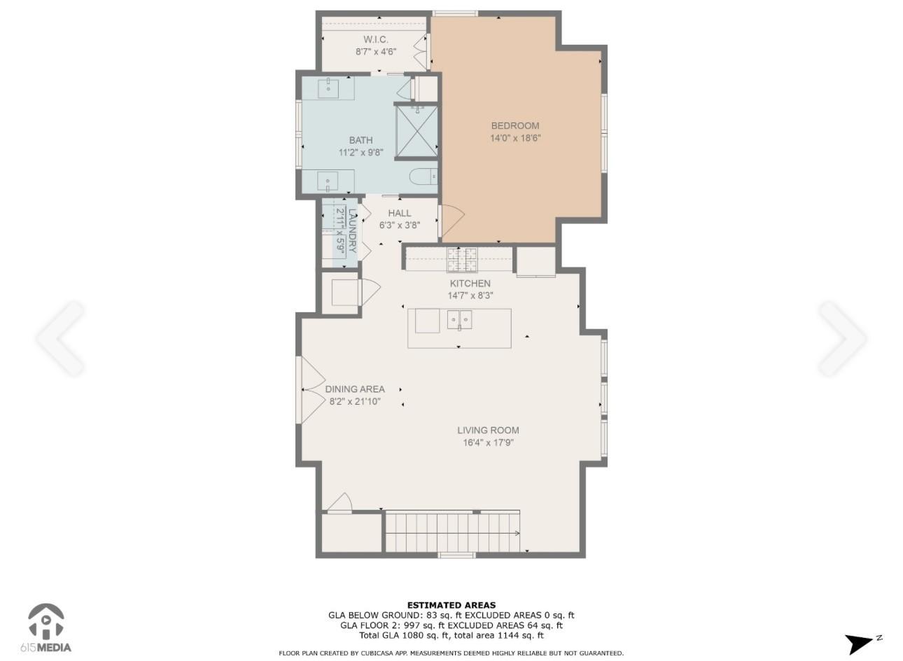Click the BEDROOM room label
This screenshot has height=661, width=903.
click(x=514, y=125)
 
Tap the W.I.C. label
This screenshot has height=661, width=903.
click(x=376, y=39)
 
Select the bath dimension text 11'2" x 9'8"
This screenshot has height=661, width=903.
click(x=360, y=153)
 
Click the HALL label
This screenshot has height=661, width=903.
click(x=400, y=213)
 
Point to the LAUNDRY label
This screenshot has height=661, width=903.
click(x=352, y=230)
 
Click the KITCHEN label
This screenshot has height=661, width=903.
click(x=470, y=283)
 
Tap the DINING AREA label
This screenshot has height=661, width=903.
click(x=355, y=389)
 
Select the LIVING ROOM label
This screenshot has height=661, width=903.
click(x=488, y=430)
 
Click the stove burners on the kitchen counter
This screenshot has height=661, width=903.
click(x=462, y=259)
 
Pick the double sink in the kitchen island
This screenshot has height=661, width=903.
click(x=459, y=320)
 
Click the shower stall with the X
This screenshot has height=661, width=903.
click(x=416, y=131)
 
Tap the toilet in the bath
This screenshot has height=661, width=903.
click(x=423, y=176)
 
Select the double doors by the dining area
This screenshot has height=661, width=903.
click(x=313, y=390)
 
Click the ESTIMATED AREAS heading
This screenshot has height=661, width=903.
click(x=451, y=604)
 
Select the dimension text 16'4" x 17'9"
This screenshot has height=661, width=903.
click(x=488, y=443)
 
